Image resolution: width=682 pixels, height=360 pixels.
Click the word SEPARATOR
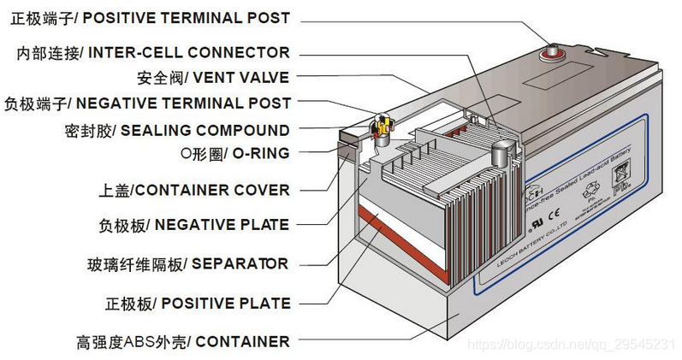[240, 263]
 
